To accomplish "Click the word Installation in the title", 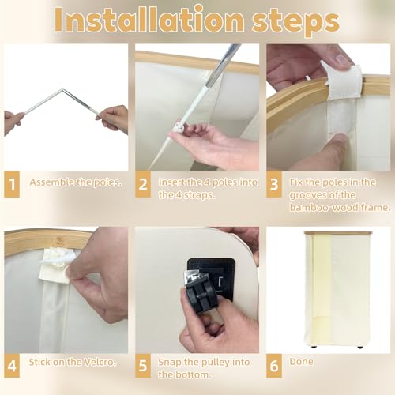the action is click(x=149, y=21).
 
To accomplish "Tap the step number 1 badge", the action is click(x=12, y=184).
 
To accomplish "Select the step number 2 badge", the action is click(x=143, y=184).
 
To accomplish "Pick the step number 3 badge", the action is click(x=274, y=184).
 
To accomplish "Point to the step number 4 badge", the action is click(x=12, y=366).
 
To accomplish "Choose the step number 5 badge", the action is click(x=143, y=366).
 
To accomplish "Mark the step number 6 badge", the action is click(x=274, y=366).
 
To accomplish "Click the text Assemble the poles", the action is click(x=76, y=182).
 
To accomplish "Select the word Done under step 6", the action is click(x=302, y=362).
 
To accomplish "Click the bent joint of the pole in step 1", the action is click(x=62, y=90).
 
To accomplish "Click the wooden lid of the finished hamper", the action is click(x=338, y=233).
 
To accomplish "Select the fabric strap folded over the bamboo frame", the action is click(x=343, y=82).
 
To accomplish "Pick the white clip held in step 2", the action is click(x=180, y=126).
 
